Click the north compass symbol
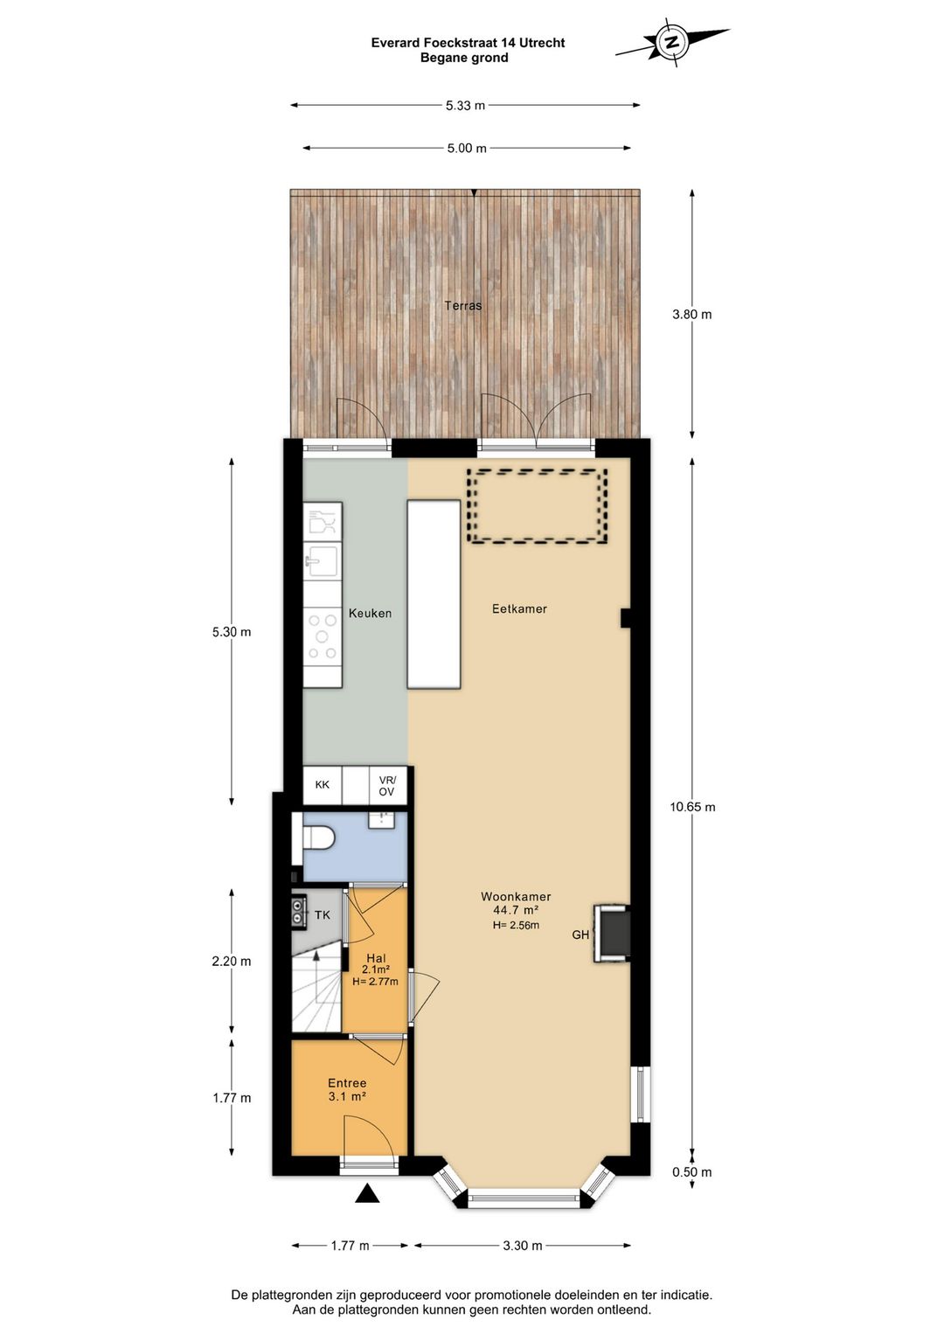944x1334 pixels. pos(672,41)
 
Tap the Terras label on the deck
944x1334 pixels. pos(462,305)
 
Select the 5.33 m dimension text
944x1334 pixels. pos(465,106)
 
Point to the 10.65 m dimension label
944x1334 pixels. pos(692,807)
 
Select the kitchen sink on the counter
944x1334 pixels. pos(322,559)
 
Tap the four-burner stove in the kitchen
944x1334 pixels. pos(322,636)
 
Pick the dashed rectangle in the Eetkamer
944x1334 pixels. pos(537,506)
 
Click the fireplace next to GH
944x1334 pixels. pos(614,934)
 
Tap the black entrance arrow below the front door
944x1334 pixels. pos(367,1192)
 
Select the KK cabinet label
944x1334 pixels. pos(323,785)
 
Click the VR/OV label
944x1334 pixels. pos(386,786)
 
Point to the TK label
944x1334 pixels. pos(323,915)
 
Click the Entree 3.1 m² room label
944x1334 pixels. pos(347,1089)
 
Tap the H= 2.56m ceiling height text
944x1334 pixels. pos(516,925)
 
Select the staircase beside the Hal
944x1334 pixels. pos(316,992)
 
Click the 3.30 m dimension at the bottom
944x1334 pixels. pos(522,1246)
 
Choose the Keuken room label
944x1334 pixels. pos(370,614)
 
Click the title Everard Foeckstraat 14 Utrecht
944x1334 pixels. pos(468,43)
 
